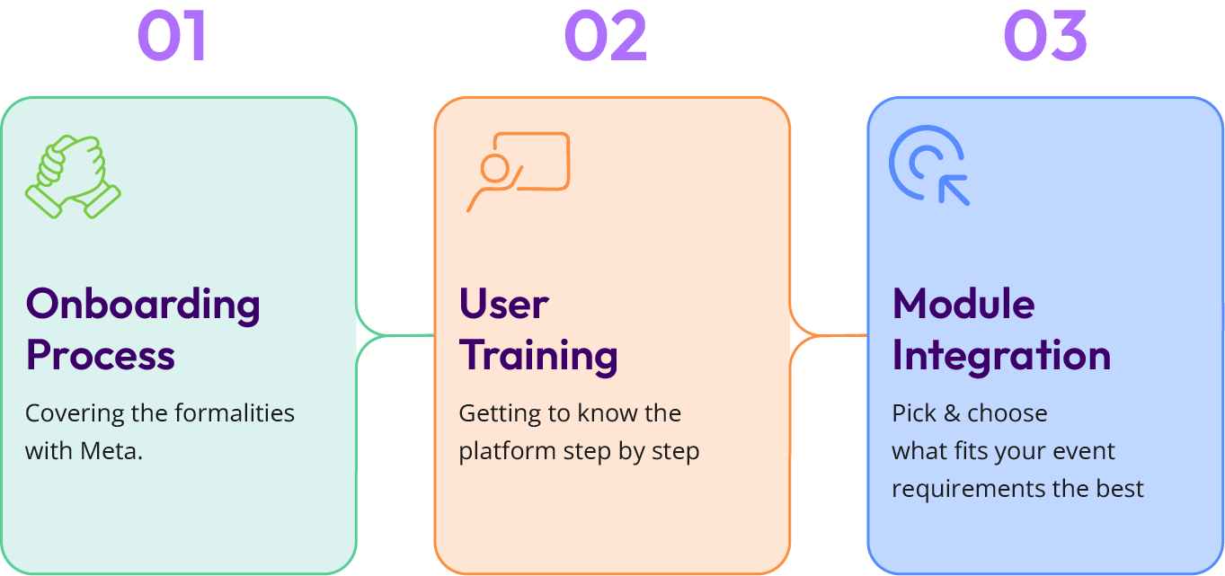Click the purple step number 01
pos(173,37)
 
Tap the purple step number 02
pos(606,37)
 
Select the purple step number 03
pos(1045,37)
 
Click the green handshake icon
pos(73,176)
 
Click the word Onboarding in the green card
pos(143,306)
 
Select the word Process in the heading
pos(101,356)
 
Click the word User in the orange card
pos(503,305)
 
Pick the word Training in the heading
pos(538,356)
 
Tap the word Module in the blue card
pos(963,305)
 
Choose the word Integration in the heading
pos(1001,356)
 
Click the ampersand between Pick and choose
pos(950,413)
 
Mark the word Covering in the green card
pos(70,413)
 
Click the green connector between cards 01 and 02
pos(395,336)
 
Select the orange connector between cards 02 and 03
pos(829,336)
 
